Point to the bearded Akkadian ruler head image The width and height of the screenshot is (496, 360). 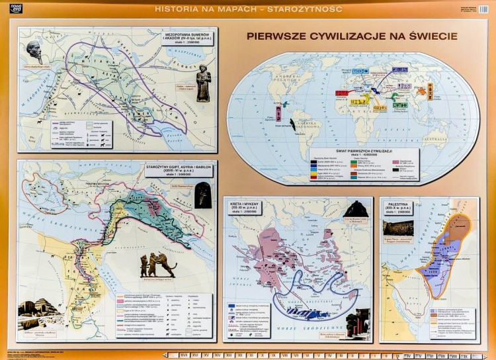[34, 52]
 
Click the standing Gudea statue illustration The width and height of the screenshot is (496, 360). [203, 83]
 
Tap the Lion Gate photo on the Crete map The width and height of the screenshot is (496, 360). [356, 211]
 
